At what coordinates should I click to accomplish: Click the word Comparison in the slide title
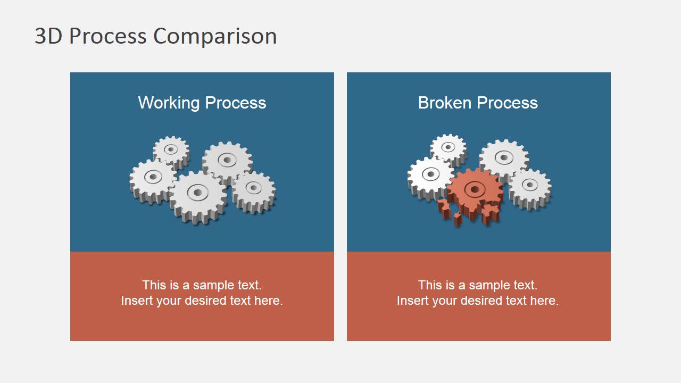pos(215,36)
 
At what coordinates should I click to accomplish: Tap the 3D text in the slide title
pos(48,36)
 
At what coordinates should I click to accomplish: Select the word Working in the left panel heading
pos(169,103)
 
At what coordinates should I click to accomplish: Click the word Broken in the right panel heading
pos(444,103)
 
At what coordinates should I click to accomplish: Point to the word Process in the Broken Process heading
pos(508,103)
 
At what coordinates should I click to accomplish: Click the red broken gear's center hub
pos(474,190)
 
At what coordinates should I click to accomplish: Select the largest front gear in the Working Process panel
pos(198,197)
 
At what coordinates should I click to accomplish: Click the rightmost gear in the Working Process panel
pos(254,192)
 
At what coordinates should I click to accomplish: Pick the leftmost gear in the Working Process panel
pos(153,181)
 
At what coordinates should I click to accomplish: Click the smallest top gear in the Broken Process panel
pos(449,149)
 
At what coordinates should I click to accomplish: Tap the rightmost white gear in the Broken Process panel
pos(530,189)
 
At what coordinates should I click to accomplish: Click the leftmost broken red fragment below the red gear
pos(444,209)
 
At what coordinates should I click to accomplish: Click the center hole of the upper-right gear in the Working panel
pos(227,160)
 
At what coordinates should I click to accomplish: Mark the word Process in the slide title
pos(108,36)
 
